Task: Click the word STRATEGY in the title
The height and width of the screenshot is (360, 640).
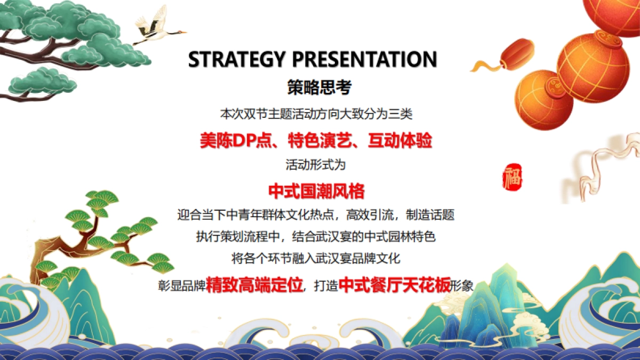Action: click(x=236, y=59)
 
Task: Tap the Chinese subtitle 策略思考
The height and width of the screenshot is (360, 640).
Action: click(x=319, y=87)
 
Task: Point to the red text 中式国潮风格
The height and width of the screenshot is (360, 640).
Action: click(x=317, y=191)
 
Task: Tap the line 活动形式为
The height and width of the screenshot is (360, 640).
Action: click(x=316, y=165)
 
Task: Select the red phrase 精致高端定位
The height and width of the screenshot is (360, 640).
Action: click(x=254, y=285)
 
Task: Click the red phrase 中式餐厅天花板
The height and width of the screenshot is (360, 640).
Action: click(x=394, y=285)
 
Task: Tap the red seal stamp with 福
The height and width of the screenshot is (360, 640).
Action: click(x=513, y=177)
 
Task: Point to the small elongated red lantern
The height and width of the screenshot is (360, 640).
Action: click(x=517, y=54)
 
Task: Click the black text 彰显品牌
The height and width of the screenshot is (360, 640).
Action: click(x=182, y=286)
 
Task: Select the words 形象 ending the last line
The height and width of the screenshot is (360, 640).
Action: click(x=462, y=286)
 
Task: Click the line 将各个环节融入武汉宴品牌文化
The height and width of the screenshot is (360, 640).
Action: click(x=316, y=259)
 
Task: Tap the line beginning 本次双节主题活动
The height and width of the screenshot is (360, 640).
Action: click(x=316, y=114)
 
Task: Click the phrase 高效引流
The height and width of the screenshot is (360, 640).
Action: click(x=370, y=215)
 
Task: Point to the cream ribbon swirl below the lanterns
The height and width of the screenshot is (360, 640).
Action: click(x=600, y=169)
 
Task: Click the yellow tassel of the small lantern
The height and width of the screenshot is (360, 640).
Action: click(x=486, y=66)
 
